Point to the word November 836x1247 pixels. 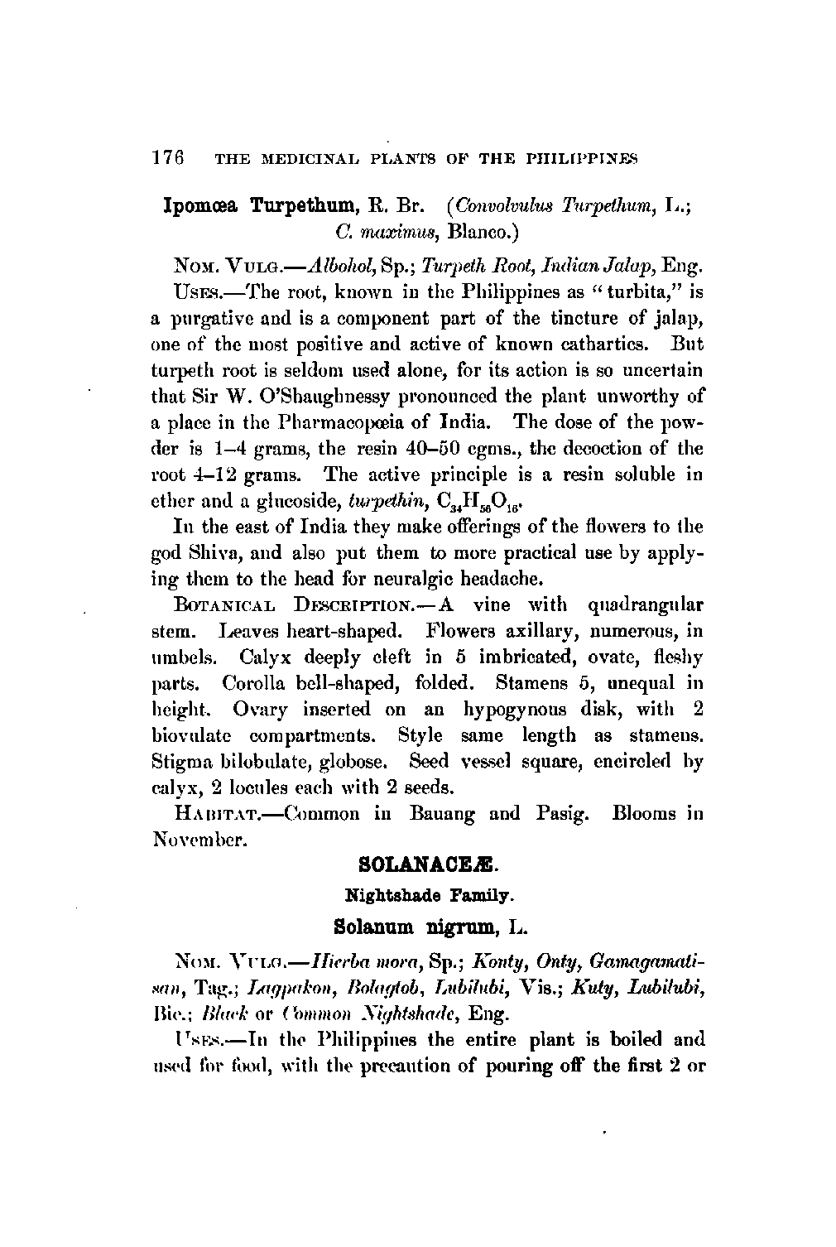click(199, 840)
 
